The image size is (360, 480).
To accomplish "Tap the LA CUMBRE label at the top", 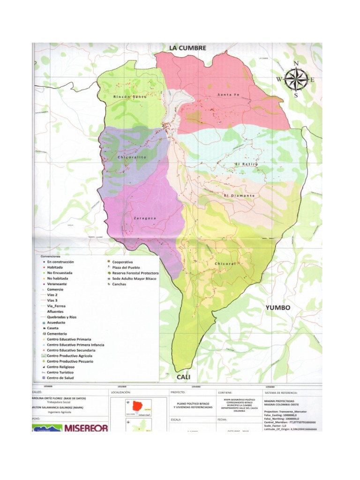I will pos(187,48).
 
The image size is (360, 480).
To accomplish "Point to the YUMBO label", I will pos(278,307).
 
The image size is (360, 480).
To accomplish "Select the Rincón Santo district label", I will pos(130,97).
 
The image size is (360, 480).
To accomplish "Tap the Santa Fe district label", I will pos(228,95).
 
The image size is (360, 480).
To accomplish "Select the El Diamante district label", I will pos(239,195).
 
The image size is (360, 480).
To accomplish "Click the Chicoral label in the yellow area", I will pos(225,264).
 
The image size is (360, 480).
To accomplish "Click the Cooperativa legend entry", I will pos(123,262).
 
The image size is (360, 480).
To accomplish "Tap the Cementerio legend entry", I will pos(58,333).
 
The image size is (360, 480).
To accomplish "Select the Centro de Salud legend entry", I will pos(60,377).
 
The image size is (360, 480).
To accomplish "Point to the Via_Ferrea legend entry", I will pos(57,306).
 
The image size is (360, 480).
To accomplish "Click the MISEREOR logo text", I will pos(86,427).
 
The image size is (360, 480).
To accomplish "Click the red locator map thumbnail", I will pos(139,406).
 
